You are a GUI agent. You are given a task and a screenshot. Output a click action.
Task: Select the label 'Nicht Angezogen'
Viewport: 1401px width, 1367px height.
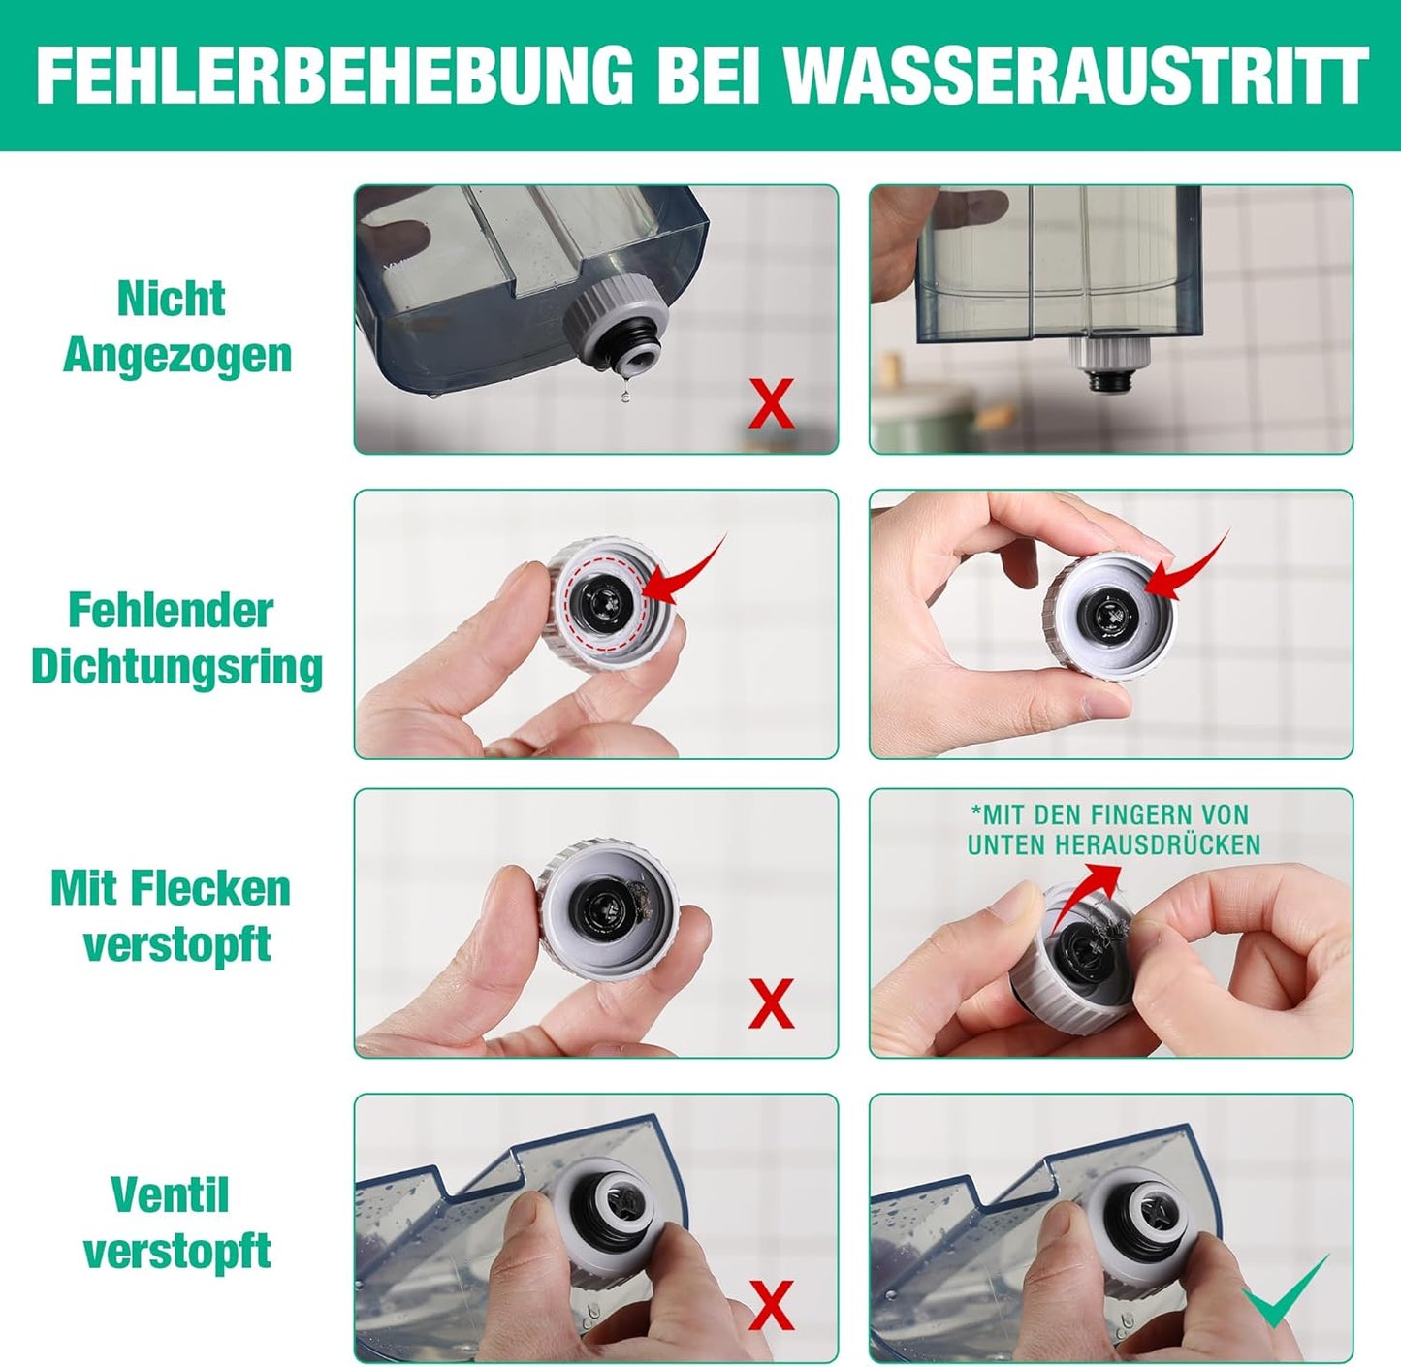(x=175, y=327)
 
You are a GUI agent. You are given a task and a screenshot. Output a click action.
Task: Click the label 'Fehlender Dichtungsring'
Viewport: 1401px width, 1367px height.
(x=175, y=639)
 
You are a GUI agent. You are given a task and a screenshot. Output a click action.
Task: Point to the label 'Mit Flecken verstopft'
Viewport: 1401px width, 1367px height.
(x=172, y=916)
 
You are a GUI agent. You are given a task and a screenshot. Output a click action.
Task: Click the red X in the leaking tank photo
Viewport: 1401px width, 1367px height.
(x=771, y=403)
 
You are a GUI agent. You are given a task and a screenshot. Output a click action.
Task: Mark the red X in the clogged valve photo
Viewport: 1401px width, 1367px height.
(x=771, y=1305)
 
